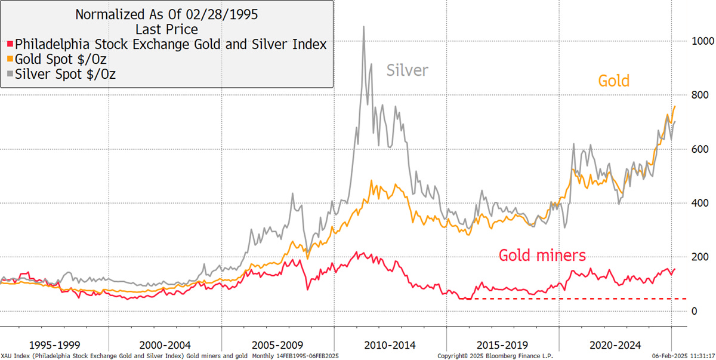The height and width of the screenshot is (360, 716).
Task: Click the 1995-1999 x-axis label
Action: (55, 345)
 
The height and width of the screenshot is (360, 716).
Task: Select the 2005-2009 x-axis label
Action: (277, 345)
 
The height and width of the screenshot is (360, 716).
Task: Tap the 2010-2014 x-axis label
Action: (391, 345)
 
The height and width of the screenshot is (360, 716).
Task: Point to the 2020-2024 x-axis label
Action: (615, 345)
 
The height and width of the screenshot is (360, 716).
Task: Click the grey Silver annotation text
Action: (408, 70)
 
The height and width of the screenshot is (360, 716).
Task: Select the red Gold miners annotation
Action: (542, 256)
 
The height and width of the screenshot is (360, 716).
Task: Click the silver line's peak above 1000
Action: (363, 27)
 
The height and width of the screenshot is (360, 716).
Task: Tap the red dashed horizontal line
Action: (579, 298)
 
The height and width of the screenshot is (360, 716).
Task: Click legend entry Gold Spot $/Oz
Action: (60, 60)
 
